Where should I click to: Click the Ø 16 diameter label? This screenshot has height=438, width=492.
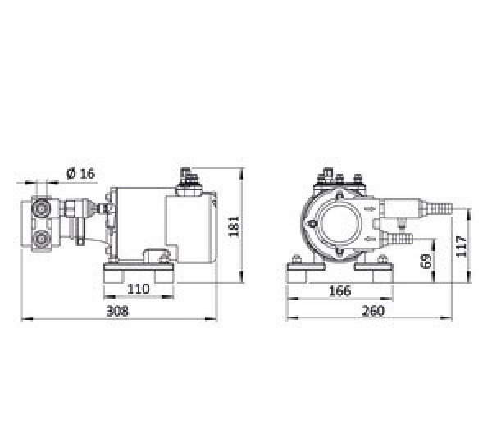[80, 173]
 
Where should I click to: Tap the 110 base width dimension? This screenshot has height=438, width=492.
[139, 289]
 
